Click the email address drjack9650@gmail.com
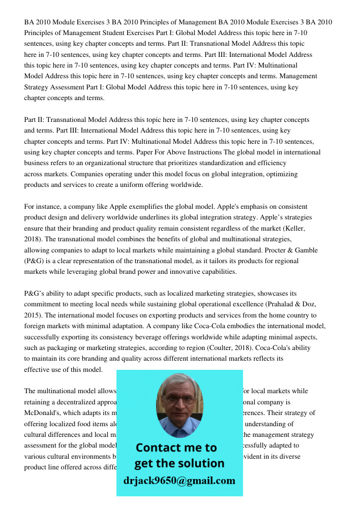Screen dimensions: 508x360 point(179,481)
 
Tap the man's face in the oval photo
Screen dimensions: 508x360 point(179,401)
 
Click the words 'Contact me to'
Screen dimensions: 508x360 point(176,448)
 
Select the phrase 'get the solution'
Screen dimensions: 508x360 point(179,463)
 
